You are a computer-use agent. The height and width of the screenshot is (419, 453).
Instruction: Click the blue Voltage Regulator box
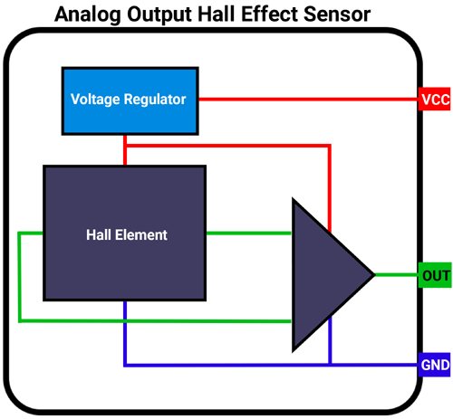point(130,99)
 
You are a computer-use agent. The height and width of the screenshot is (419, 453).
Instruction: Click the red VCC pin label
point(434,100)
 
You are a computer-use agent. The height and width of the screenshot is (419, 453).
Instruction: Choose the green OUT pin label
point(434,275)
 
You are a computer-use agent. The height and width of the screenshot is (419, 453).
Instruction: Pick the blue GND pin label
point(434,366)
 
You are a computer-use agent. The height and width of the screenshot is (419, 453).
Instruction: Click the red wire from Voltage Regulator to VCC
point(308,99)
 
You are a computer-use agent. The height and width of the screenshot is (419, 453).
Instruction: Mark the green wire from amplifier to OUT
point(396,275)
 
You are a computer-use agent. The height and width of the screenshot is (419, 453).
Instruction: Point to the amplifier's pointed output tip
point(371,274)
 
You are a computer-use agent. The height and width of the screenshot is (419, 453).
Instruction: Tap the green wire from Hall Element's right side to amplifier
point(248,233)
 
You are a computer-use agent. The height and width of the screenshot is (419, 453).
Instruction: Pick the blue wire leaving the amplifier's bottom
point(330,348)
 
